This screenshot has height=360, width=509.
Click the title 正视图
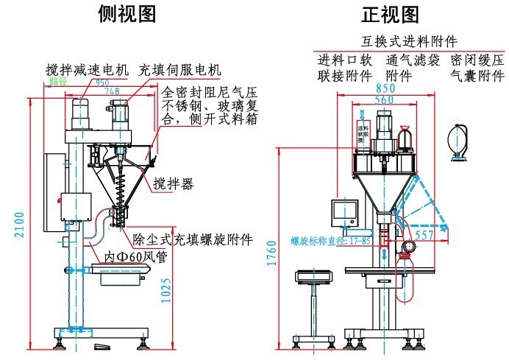point(390,14)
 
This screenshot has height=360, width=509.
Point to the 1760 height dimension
point(272,253)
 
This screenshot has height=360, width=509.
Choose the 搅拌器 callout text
point(174,184)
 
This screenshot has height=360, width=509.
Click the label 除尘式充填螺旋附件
point(193,240)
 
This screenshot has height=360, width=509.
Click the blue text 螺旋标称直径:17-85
point(322,240)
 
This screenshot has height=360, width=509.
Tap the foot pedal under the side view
point(102,347)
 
